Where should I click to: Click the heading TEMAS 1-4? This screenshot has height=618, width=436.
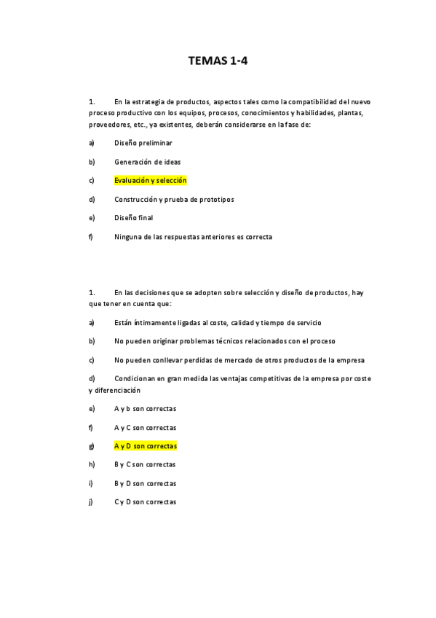click(218, 61)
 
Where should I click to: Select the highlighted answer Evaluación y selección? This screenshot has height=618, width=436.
click(150, 180)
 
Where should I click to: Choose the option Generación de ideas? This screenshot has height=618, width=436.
click(147, 162)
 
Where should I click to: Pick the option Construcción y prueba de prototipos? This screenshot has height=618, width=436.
click(174, 199)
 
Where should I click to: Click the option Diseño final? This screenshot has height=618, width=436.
click(133, 217)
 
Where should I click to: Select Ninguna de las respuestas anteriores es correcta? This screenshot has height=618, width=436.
click(193, 236)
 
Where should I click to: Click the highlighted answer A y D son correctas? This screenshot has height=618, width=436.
click(145, 446)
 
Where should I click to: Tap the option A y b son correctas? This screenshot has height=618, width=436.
click(145, 409)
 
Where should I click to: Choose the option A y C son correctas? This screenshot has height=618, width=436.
click(145, 428)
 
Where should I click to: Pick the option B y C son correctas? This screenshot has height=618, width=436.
click(145, 464)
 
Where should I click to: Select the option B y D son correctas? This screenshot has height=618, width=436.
click(145, 483)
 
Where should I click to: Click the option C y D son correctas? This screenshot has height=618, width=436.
click(145, 501)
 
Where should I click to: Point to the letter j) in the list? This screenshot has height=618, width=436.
click(90, 501)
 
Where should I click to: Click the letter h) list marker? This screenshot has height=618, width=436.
click(91, 464)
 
